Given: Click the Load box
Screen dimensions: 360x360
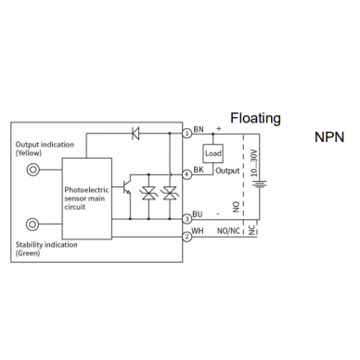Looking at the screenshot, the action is click(x=212, y=153).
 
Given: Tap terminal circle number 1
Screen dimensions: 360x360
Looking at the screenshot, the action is click(x=186, y=134).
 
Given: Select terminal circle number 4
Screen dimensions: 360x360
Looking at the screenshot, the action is click(x=186, y=174).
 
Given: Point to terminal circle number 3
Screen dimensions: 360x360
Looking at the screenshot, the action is click(x=186, y=219).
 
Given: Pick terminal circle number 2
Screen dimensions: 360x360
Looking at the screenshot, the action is click(x=186, y=237).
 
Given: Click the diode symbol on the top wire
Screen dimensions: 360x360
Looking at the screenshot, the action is click(x=135, y=134).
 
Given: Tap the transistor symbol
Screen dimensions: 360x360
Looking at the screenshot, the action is click(x=126, y=186).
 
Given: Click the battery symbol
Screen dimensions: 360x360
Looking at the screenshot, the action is click(x=259, y=185).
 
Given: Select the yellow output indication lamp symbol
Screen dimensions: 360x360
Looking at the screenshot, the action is click(x=32, y=169).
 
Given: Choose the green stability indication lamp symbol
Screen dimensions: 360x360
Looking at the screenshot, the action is click(x=32, y=224).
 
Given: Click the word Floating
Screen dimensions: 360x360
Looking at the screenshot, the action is click(x=255, y=119).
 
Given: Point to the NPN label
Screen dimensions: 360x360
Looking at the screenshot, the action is click(x=329, y=137).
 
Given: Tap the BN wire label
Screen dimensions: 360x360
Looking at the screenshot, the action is click(x=199, y=129).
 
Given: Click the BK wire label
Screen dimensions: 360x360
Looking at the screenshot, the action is click(x=199, y=170).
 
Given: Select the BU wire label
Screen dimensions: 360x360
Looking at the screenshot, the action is click(x=198, y=214).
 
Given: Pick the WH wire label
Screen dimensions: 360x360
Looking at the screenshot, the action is click(x=198, y=231).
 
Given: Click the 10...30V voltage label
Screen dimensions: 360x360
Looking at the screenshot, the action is click(x=254, y=162).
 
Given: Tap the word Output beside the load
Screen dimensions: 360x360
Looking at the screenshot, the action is click(x=227, y=171).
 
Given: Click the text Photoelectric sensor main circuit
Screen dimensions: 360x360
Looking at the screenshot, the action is click(x=86, y=199).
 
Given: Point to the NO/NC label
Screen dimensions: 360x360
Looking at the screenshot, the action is click(x=228, y=231).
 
